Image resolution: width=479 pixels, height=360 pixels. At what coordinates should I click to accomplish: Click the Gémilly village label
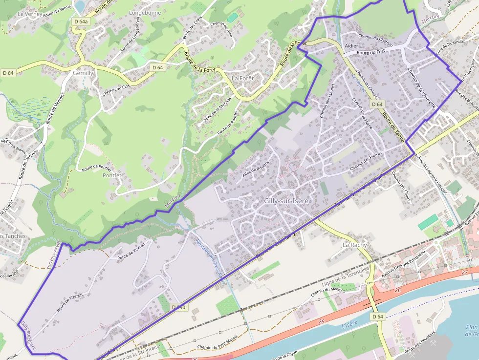click(83, 72)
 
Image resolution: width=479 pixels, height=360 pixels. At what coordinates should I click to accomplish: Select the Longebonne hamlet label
click(144, 12)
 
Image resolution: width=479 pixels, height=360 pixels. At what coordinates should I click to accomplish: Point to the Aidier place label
click(351, 45)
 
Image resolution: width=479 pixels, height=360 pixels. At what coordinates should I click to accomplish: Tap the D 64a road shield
click(82, 22)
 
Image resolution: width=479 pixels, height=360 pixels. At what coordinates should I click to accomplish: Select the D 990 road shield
click(179, 307)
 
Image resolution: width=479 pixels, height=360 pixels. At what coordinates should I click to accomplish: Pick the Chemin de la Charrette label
click(421, 87)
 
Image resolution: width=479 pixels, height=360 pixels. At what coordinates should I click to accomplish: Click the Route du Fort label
click(371, 52)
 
